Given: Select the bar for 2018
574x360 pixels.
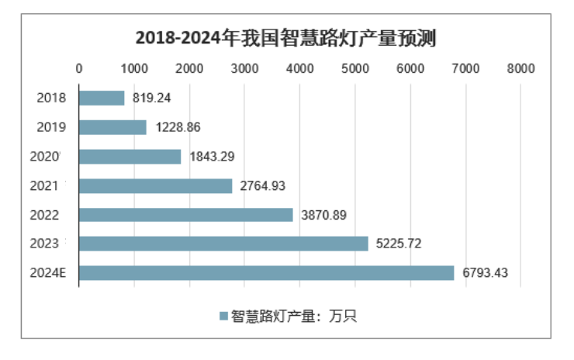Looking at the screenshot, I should click(102, 98).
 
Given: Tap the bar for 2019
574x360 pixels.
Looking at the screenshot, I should click(112, 127).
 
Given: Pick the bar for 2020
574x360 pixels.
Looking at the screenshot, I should click(130, 157).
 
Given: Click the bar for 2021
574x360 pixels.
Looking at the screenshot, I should click(155, 185).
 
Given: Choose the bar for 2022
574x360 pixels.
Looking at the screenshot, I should click(186, 215).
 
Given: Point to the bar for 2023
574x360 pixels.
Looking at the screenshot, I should click(223, 244).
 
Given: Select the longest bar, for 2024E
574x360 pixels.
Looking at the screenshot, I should click(266, 273).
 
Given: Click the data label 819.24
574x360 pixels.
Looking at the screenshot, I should click(151, 99).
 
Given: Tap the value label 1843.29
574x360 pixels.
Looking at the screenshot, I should click(209, 157).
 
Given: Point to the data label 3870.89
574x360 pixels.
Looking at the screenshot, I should click(322, 215).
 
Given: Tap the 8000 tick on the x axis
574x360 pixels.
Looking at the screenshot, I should click(520, 68).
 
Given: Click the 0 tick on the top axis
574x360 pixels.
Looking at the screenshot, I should click(79, 68).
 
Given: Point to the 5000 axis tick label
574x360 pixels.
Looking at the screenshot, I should click(355, 68).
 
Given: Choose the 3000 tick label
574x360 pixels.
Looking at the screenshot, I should click(244, 68).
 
